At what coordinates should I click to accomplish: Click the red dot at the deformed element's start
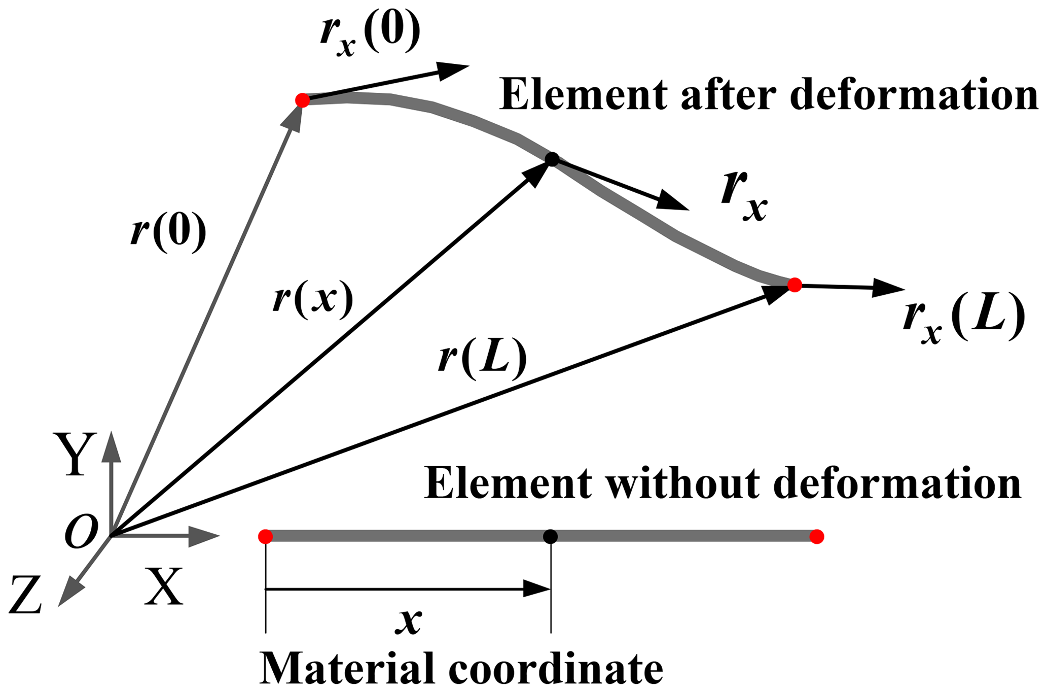pos(302,100)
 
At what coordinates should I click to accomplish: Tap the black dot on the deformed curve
pos(552,159)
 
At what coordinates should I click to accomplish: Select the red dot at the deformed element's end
pos(794,285)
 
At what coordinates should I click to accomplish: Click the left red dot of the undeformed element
pos(265,536)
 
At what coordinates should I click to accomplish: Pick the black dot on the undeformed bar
pos(550,536)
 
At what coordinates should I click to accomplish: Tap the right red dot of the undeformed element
pos(816,536)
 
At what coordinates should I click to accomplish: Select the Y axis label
pos(76,454)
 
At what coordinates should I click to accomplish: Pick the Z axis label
pos(25,595)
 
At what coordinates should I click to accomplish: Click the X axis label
pos(163,586)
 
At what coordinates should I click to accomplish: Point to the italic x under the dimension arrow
pos(409,621)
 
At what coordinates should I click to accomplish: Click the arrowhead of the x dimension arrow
pos(537,589)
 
